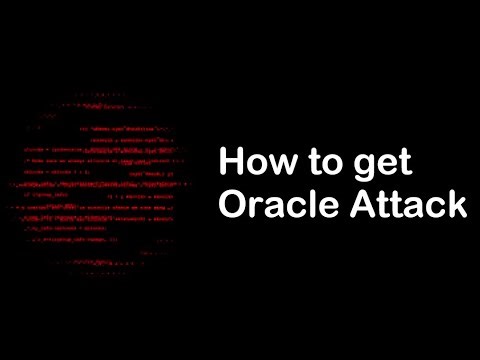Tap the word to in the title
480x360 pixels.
click(x=313, y=162)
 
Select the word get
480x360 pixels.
click(x=364, y=164)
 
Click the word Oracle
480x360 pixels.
click(x=271, y=205)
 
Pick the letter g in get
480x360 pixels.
click(x=343, y=167)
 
